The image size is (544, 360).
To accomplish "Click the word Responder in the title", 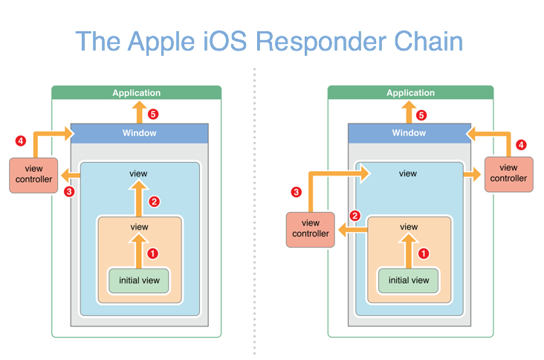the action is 320,42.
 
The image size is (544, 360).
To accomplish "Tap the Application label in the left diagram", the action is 136,93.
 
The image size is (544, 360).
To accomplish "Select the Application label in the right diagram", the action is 410,93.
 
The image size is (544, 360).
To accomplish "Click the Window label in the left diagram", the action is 140,133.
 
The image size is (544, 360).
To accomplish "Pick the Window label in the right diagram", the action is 409,133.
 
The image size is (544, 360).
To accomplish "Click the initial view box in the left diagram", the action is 139,280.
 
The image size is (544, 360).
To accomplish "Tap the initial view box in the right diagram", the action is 409,280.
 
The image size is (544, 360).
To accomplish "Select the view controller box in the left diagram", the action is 33,176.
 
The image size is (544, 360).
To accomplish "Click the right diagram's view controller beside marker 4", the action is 508,174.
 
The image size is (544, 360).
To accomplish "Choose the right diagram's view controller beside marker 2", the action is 311,230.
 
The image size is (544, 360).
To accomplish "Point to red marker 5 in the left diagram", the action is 153,115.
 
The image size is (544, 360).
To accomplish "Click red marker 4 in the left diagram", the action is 21,141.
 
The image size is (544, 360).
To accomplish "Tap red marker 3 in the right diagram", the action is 297,192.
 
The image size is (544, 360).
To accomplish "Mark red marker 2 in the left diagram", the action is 154,202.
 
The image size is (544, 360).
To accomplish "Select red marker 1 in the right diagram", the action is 424,254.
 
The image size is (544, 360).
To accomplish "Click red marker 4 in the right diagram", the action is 521,145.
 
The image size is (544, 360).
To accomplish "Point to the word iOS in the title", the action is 225,42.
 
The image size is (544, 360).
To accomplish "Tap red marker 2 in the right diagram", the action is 354,216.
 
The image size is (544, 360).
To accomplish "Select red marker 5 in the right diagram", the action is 421,115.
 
